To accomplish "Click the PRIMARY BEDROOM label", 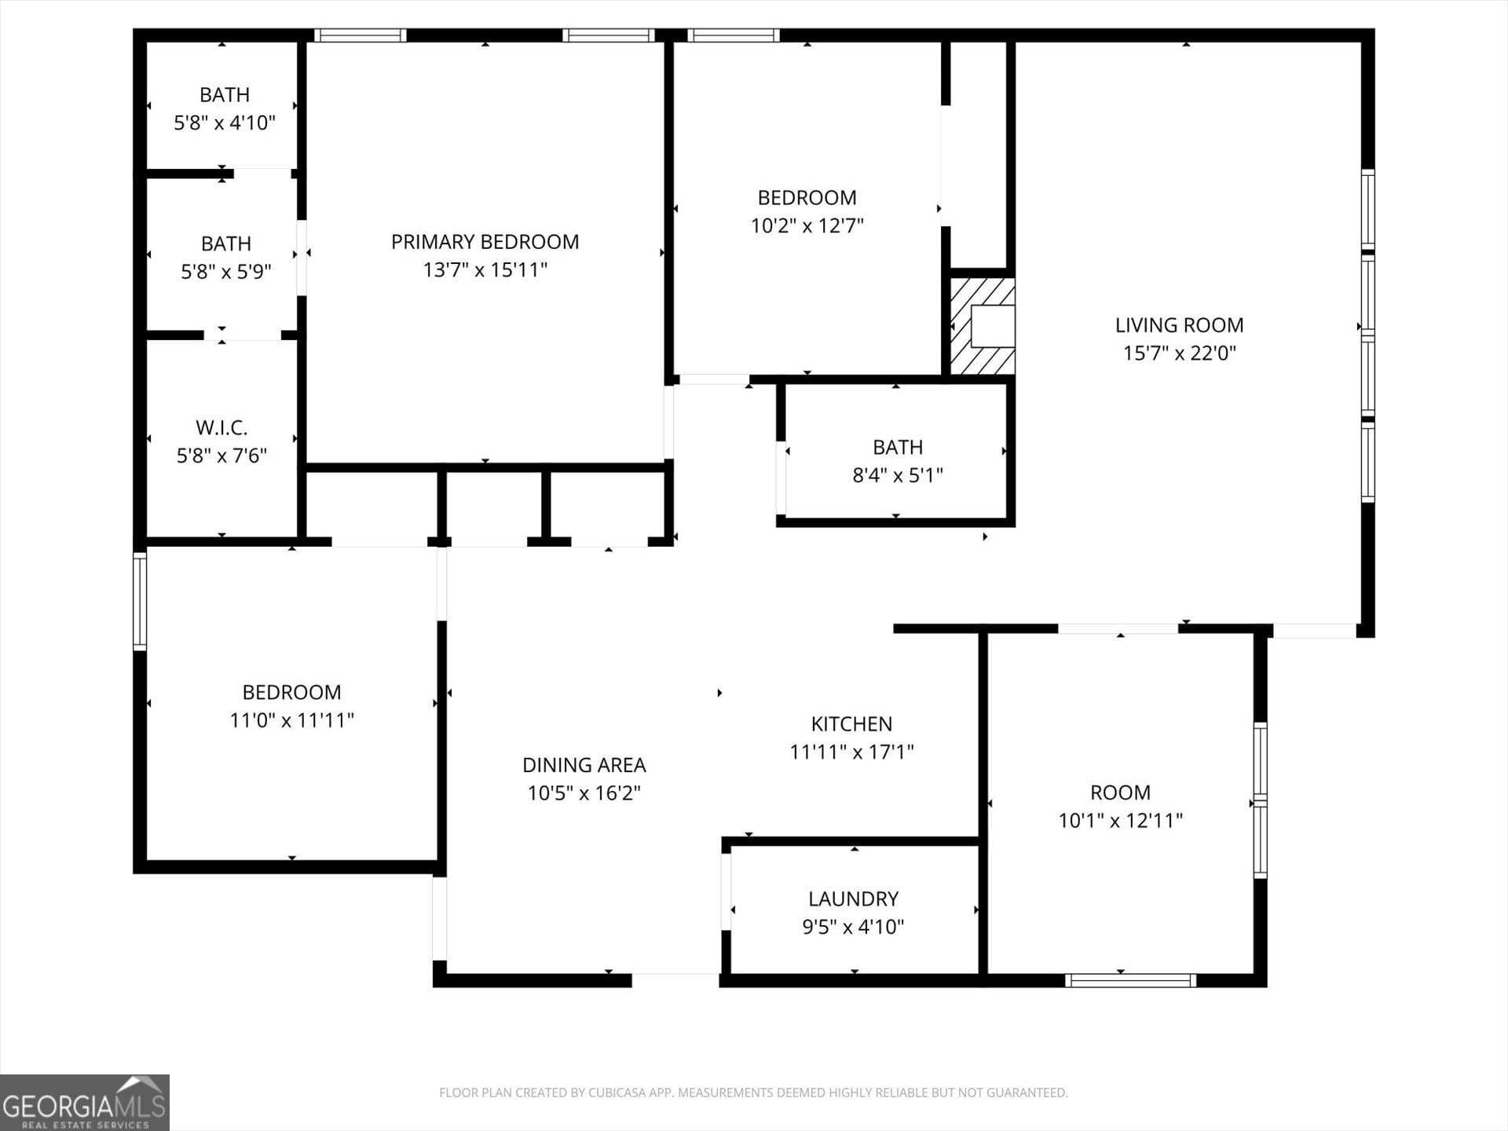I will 485,242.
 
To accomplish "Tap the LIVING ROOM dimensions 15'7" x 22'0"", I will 1179,353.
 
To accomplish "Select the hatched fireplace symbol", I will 982,326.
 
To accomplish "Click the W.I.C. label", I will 221,428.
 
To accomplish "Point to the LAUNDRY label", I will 853,899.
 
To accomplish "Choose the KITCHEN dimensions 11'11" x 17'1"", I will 851,752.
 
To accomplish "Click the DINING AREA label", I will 584,765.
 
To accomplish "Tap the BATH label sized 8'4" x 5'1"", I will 897,448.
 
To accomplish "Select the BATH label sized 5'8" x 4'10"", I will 225,95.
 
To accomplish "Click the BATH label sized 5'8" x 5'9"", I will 225,244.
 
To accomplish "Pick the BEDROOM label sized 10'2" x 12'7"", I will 807,198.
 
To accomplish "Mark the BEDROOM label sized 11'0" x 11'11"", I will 291,693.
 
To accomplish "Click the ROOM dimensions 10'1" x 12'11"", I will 1120,821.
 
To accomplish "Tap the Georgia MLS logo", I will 84,1103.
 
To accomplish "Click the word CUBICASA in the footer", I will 613,1093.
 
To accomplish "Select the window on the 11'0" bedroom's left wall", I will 140,601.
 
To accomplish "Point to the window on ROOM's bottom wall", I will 1130,980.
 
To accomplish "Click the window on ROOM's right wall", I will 1260,800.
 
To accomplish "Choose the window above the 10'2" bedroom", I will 733,35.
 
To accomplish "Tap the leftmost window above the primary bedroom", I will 360,35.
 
